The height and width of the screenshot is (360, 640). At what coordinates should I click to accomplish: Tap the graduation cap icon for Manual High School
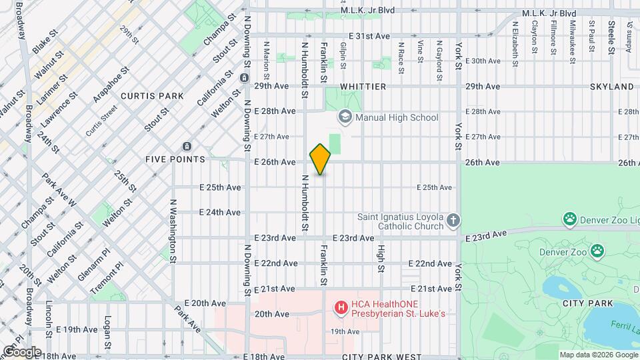(345, 117)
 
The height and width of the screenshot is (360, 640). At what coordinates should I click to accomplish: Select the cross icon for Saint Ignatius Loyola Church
(453, 220)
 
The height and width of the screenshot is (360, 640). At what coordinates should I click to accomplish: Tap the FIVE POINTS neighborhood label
(175, 159)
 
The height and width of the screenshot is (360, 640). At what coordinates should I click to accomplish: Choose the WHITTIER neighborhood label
(363, 87)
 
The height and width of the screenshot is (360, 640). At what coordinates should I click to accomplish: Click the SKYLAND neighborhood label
(611, 87)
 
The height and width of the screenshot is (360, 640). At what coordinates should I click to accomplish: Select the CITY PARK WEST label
(382, 357)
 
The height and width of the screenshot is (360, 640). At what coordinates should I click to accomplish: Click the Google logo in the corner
(21, 351)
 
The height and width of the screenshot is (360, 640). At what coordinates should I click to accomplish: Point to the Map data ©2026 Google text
(598, 355)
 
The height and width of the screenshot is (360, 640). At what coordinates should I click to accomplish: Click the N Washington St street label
(172, 230)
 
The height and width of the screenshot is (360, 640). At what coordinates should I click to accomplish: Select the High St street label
(381, 257)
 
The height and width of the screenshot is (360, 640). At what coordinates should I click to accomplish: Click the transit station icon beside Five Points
(187, 147)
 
